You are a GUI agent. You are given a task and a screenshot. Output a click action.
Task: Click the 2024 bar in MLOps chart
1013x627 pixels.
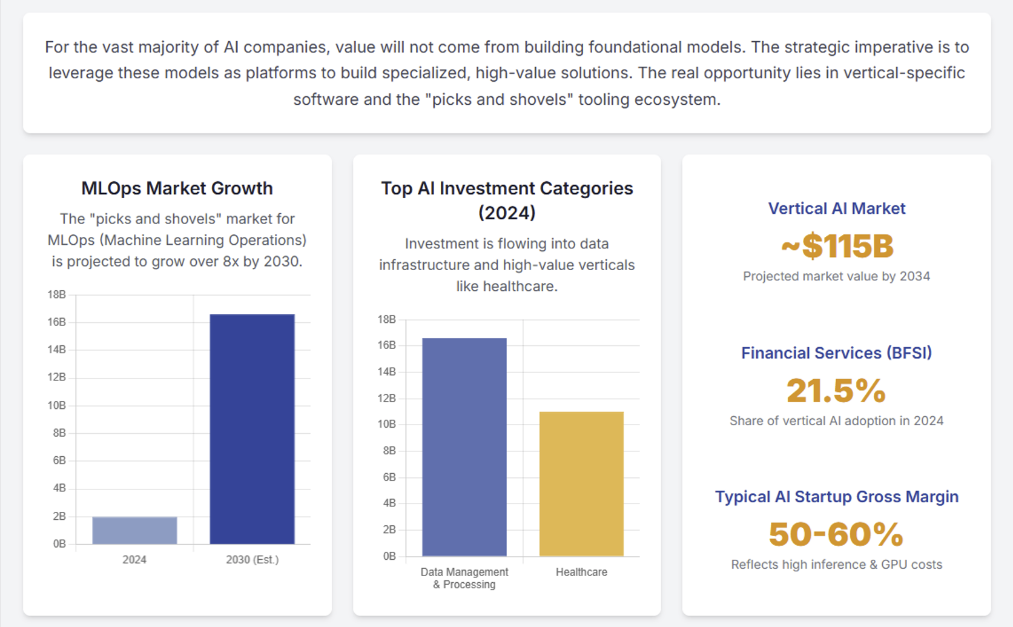tap(134, 530)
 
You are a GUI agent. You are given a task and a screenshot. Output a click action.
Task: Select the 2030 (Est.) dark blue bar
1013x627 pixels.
tap(252, 429)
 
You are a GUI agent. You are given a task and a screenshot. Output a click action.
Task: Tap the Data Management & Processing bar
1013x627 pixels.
tap(464, 447)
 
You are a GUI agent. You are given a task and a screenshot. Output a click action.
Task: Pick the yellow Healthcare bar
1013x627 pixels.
tap(581, 483)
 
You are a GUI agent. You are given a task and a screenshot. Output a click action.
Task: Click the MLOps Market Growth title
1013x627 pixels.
tap(177, 188)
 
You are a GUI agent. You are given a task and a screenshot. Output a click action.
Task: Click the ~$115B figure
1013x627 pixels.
tap(836, 246)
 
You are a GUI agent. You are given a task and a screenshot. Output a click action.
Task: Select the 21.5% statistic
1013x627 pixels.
tap(836, 391)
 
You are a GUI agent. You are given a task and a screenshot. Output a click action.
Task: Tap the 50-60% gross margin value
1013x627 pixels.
tap(836, 534)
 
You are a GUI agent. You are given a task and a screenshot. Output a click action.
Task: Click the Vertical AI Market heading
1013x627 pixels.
tap(836, 208)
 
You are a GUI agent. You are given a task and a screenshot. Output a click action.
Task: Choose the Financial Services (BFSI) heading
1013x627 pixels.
tap(836, 353)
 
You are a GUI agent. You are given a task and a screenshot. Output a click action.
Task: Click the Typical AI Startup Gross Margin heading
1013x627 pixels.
tap(836, 497)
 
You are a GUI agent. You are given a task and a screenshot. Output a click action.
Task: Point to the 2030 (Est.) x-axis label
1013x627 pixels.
tap(252, 560)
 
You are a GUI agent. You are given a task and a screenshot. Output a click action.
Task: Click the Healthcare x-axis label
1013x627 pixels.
tap(581, 572)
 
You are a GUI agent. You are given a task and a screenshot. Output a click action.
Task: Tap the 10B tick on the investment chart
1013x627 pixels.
tap(386, 424)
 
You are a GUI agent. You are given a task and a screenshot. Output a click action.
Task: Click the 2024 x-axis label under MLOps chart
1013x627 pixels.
tap(134, 560)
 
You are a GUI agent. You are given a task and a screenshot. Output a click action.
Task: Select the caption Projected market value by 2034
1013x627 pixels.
tap(836, 276)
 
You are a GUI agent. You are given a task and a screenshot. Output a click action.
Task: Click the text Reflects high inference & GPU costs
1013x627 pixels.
tap(836, 565)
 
